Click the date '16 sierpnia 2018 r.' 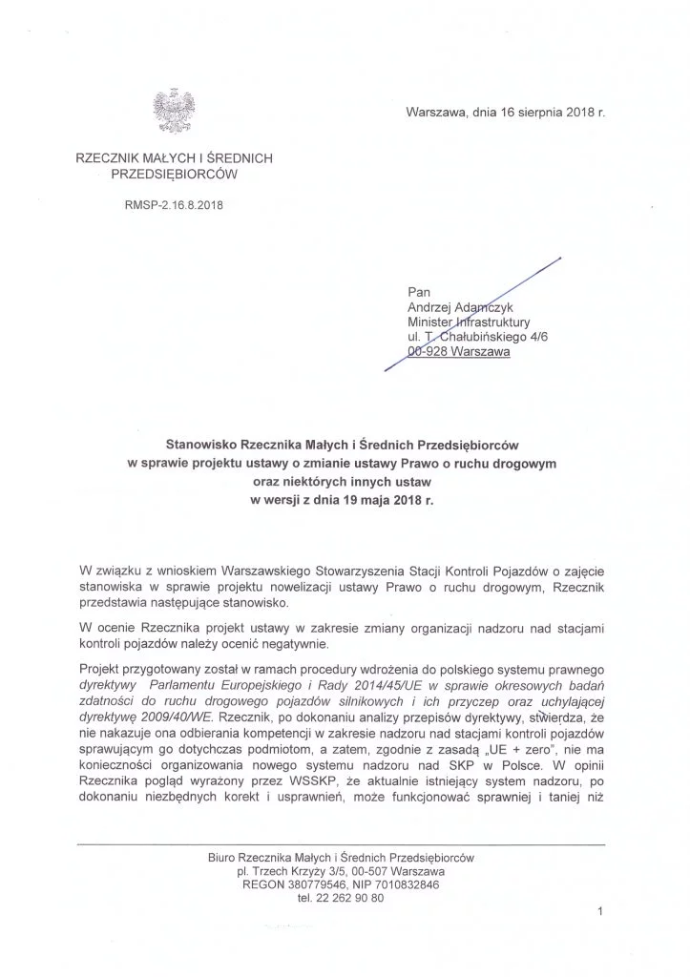tap(536, 113)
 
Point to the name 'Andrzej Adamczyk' tap(463, 308)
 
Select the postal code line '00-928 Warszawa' tap(458, 351)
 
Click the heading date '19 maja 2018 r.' tap(385, 497)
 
